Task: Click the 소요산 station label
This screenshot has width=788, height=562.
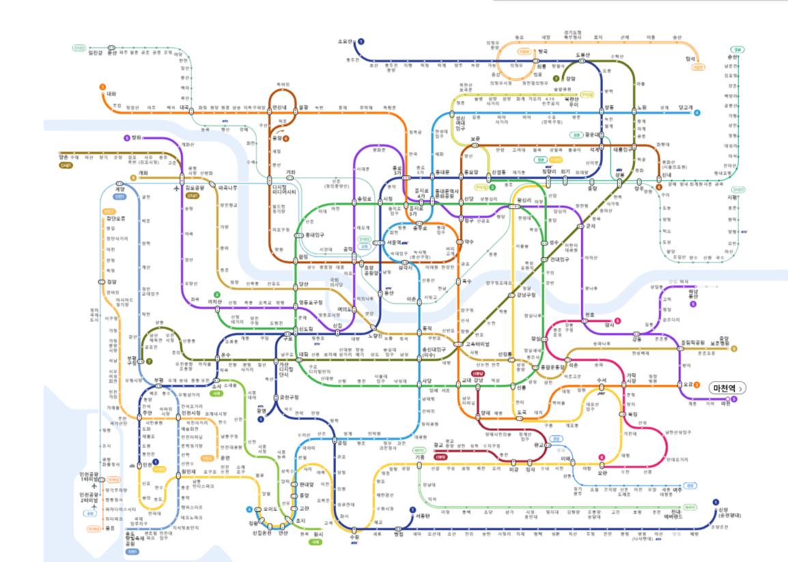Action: pos(347,42)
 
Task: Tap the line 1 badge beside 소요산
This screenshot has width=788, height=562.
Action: pos(361,42)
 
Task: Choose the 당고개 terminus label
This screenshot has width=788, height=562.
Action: pos(685,107)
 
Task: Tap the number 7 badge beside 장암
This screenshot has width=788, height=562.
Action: pos(556,79)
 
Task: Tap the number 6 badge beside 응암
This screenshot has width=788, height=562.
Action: pos(287,138)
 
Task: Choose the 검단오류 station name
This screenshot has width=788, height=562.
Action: pos(115,220)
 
